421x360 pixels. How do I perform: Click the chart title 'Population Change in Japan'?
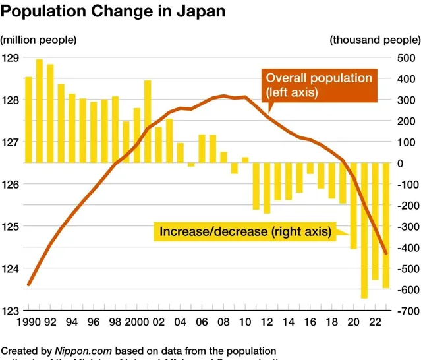pos(113,11)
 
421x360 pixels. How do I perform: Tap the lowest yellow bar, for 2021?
pos(364,230)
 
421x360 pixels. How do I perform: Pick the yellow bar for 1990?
pos(29,119)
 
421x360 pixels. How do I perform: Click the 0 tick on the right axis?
pos(399,163)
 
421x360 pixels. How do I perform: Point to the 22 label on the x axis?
pos(374,322)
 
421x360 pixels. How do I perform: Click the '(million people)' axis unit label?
pos(39,40)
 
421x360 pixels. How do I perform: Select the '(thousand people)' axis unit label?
pos(374,40)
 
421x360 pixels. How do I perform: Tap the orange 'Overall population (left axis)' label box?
pos(318,85)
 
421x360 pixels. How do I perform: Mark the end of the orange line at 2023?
pos(386,253)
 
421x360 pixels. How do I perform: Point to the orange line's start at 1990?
pos(29,284)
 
